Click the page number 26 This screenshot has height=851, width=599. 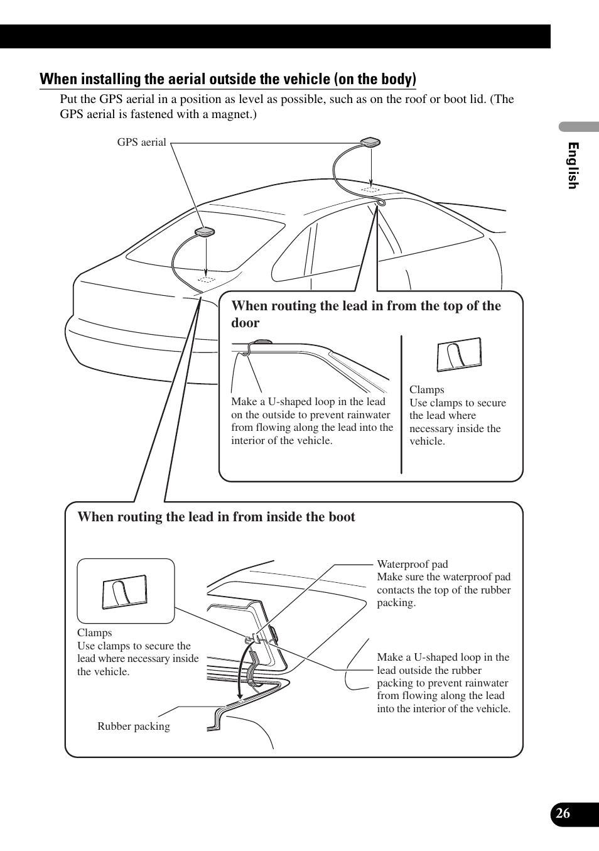[563, 813]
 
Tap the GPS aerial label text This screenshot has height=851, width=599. [141, 143]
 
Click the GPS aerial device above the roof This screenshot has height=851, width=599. [370, 143]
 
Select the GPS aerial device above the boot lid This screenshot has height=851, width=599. [205, 232]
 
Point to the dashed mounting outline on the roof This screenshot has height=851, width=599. [370, 189]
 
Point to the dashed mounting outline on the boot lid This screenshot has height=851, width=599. [207, 279]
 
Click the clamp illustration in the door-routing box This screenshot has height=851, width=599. [459, 355]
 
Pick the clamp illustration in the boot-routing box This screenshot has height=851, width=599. [125, 592]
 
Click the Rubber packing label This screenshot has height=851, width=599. [134, 727]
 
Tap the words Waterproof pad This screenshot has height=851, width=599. [413, 564]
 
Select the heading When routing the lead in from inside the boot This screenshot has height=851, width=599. [216, 517]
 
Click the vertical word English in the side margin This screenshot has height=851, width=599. [573, 165]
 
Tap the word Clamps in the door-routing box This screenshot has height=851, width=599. [426, 389]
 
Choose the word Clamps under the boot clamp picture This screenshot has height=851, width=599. [94, 632]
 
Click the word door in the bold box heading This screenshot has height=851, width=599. [245, 323]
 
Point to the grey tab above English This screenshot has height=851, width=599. [579, 126]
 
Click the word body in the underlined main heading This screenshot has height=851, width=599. [396, 79]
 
